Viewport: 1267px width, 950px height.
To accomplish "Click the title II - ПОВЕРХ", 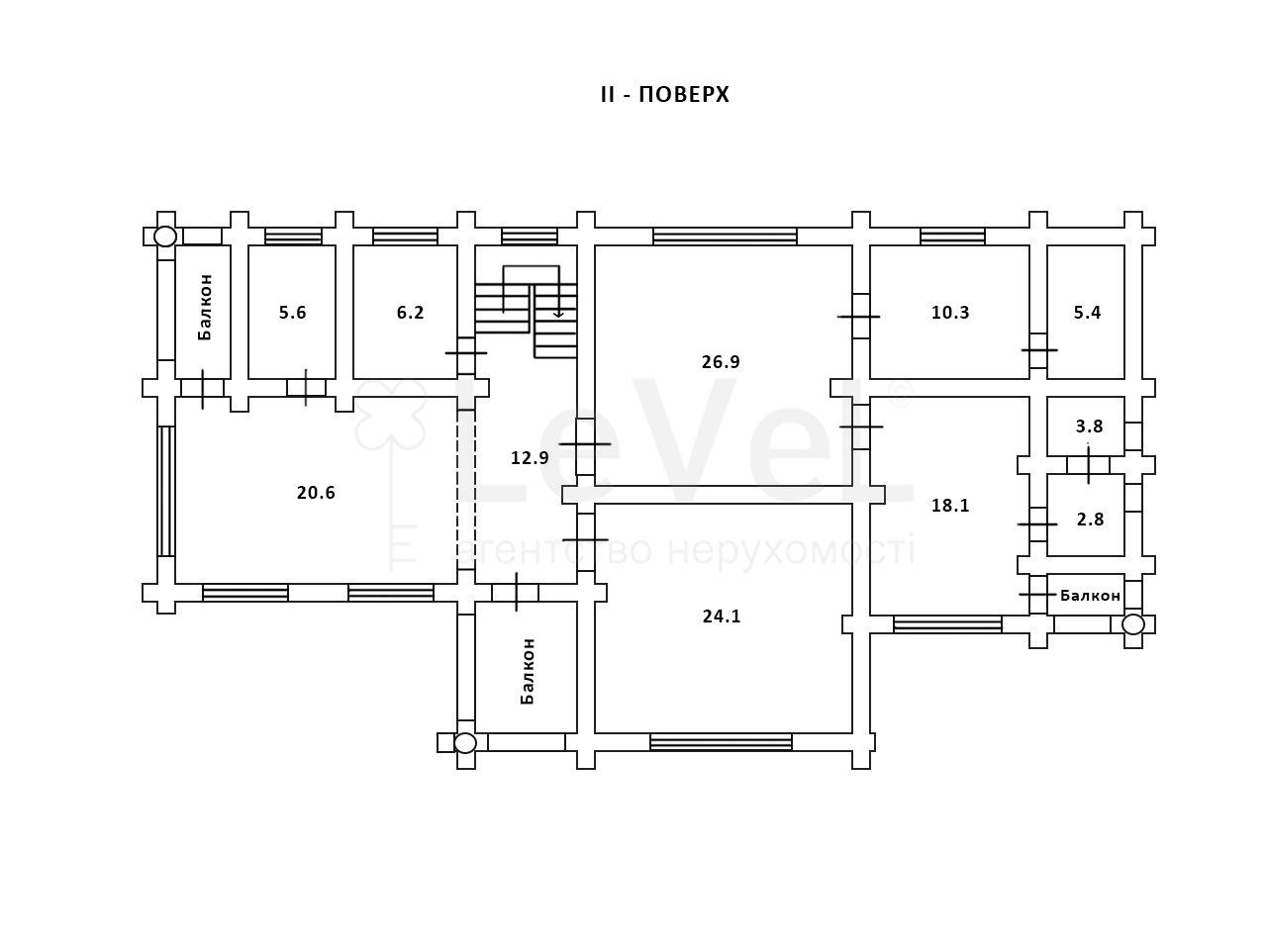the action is tap(664, 95).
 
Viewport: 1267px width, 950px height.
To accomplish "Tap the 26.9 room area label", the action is tap(721, 361).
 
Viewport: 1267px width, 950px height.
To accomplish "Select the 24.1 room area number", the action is tap(722, 617).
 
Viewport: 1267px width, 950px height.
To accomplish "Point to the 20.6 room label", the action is tap(316, 493).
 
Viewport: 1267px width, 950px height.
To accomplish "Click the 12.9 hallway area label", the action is tap(530, 458).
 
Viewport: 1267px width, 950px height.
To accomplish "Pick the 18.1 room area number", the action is tap(950, 506).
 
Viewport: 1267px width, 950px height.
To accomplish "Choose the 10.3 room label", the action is tap(950, 313).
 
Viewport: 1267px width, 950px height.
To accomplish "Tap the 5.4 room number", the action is tap(1087, 313).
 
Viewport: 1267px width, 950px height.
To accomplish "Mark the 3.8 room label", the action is tap(1089, 427).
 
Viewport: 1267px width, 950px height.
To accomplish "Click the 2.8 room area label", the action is tap(1090, 520).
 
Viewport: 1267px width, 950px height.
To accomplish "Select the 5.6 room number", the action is tap(292, 313).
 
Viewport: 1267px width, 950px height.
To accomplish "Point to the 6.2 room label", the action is tap(410, 313).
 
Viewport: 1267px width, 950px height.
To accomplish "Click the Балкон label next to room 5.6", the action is tap(205, 307).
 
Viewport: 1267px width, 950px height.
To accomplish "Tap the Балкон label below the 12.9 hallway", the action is tap(528, 671).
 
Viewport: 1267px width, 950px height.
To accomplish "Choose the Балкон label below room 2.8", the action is tap(1090, 596).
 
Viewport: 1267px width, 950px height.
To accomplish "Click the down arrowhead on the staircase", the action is tap(558, 314).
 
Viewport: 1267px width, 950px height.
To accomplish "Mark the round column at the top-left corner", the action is tap(165, 237).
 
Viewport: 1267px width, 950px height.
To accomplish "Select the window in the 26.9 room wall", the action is tap(725, 237).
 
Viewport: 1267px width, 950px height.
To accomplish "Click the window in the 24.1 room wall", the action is tap(721, 742).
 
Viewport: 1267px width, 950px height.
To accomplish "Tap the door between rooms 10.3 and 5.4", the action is tap(1038, 350).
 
